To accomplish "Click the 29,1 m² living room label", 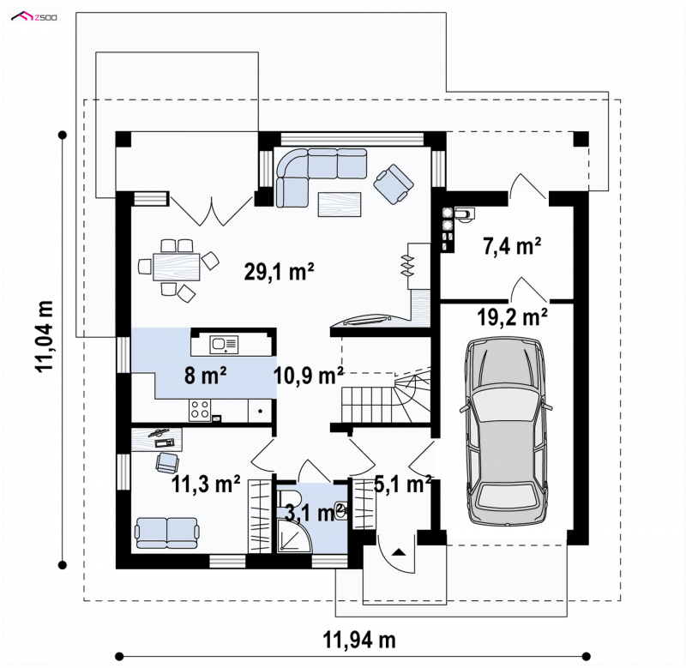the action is [x=279, y=272].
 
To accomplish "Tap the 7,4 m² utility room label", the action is [x=512, y=246].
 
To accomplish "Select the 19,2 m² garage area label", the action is [x=512, y=316].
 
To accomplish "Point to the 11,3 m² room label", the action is [x=206, y=484].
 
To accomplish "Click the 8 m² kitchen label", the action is [x=205, y=376].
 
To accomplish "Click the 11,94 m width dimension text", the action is [x=359, y=640].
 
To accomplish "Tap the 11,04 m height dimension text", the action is [x=45, y=336].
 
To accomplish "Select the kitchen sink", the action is [x=224, y=345].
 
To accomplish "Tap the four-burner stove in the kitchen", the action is [x=200, y=410].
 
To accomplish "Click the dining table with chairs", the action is [x=178, y=267].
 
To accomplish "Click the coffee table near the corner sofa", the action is [x=340, y=204].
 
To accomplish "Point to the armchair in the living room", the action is [x=394, y=184].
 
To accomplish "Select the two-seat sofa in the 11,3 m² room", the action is [x=167, y=533].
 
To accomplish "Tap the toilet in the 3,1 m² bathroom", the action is [x=289, y=499].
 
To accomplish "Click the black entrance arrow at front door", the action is [x=398, y=552].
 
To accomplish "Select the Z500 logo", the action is [x=34, y=17].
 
